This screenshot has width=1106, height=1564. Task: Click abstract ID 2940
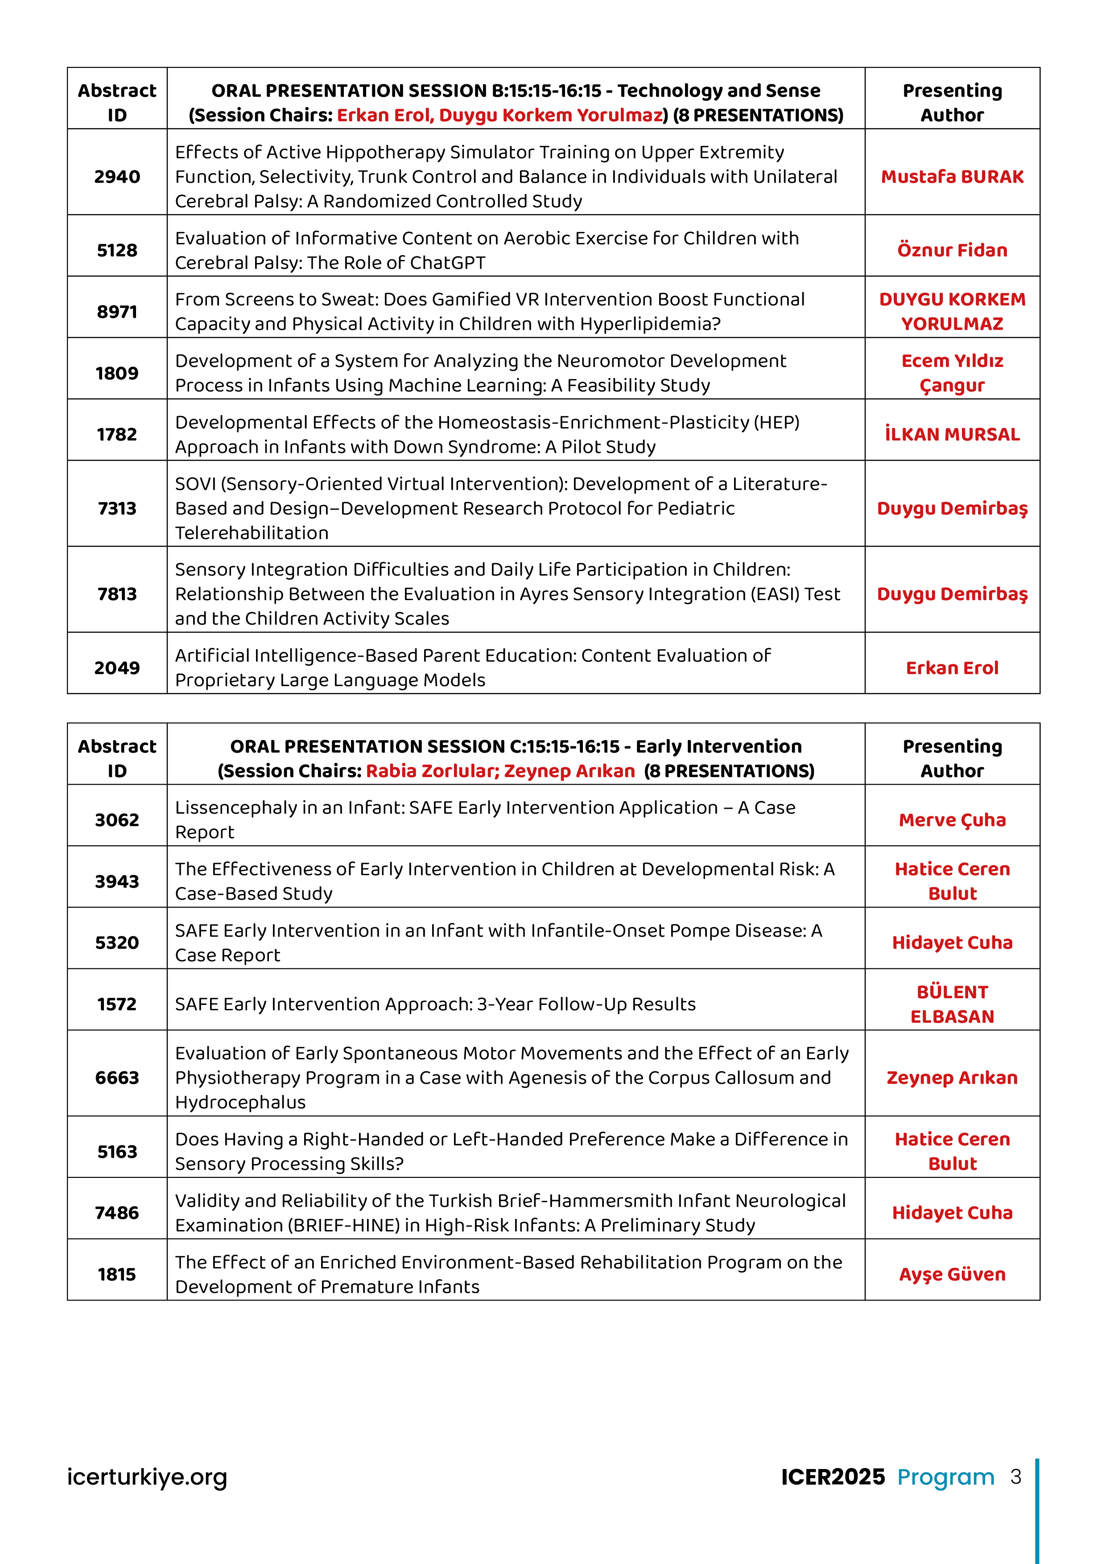click(x=117, y=177)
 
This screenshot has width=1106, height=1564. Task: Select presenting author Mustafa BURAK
click(x=952, y=177)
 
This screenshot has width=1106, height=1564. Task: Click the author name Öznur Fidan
click(x=952, y=251)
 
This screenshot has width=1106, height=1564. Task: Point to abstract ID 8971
click(x=117, y=312)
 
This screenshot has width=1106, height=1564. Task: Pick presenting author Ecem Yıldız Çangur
click(x=952, y=373)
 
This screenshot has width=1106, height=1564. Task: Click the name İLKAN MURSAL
click(x=952, y=435)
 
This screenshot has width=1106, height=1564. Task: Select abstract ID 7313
click(x=117, y=509)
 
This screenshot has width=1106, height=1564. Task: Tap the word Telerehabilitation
click(x=252, y=533)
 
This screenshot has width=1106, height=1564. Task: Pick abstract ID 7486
click(x=117, y=1213)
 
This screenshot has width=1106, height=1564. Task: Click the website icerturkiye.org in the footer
click(x=147, y=1477)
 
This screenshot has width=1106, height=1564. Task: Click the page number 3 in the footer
click(x=1015, y=1477)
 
